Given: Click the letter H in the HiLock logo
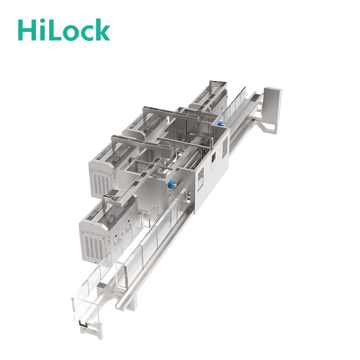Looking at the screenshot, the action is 27,30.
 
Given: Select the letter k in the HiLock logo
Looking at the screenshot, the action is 102,29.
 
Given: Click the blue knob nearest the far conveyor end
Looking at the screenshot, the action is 221,124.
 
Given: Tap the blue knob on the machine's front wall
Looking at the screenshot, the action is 171,184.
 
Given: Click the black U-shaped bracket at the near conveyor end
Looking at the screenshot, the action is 84,324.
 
